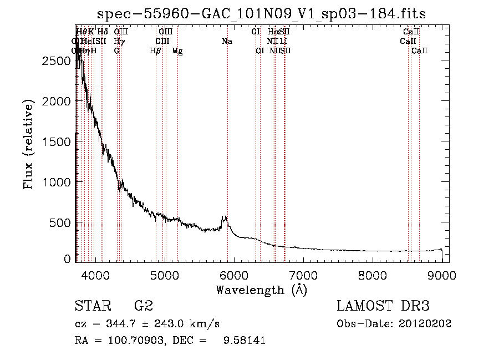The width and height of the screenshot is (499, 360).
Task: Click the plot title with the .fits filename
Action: point(262,14)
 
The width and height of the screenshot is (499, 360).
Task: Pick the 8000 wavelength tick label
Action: point(372,275)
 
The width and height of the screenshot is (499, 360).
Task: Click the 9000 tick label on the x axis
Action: point(441,275)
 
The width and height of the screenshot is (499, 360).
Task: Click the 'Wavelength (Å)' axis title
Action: point(261,290)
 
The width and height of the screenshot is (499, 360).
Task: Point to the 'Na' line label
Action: point(227,42)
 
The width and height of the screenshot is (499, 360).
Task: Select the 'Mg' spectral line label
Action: point(177,51)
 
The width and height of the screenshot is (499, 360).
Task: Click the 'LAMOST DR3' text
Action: point(383,306)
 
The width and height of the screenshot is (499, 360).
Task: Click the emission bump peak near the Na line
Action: point(225,216)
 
